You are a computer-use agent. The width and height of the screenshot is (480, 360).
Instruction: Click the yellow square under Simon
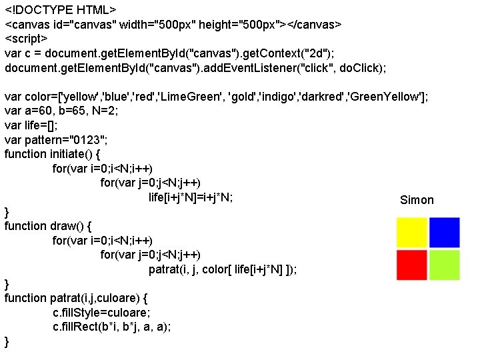tap(411, 232)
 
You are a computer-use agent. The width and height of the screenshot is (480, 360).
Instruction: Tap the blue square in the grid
tap(444, 232)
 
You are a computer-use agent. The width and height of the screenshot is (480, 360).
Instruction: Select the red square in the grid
tap(411, 265)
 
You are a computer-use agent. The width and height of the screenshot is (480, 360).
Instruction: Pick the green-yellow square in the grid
tap(444, 265)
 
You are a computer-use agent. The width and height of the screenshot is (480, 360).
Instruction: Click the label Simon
tap(417, 200)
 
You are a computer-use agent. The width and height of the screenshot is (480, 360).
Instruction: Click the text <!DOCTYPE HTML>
tap(61, 10)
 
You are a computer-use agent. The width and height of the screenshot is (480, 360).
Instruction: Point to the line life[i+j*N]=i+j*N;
tap(191, 197)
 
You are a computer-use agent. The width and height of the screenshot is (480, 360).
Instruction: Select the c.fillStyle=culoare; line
tap(102, 312)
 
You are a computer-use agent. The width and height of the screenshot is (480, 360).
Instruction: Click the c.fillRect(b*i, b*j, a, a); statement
tap(112, 327)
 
